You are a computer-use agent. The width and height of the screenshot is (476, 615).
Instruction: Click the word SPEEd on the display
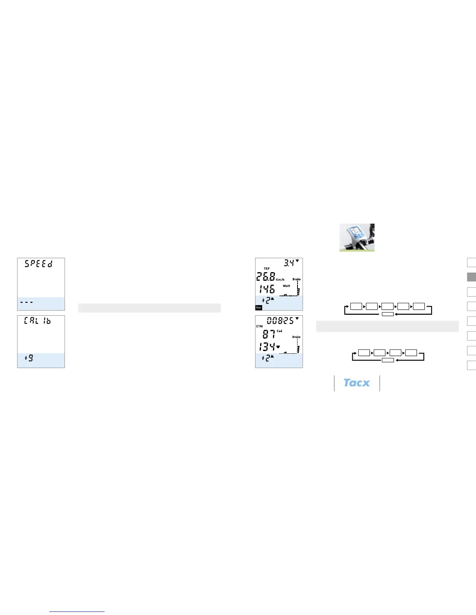38,264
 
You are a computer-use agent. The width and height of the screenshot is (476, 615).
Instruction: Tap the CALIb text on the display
37,321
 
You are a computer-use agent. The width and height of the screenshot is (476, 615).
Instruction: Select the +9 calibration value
29,358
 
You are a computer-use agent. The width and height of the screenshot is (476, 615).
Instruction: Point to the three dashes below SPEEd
26,302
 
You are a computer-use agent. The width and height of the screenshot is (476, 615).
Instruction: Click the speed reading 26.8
266,277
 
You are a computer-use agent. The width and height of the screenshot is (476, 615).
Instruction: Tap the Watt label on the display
286,286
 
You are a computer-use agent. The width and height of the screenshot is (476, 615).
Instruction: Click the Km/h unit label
280,280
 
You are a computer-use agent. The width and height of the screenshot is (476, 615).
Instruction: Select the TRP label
266,269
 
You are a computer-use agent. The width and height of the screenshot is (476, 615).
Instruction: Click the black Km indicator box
259,307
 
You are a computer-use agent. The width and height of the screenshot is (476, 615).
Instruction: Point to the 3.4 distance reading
289,263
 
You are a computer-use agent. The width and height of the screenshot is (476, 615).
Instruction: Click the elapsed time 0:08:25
280,321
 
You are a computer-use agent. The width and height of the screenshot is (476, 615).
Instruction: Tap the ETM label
259,327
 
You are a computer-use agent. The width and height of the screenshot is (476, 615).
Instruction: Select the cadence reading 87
269,334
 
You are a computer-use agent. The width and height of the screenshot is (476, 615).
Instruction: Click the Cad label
280,331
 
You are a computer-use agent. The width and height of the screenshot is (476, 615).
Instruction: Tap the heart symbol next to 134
278,347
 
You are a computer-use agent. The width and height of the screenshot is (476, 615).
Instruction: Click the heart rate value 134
267,347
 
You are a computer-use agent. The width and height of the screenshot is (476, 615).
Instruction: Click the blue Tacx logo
357,383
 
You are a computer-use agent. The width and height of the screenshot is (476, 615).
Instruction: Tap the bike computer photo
357,237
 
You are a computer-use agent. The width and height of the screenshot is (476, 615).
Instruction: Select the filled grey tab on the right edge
471,277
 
